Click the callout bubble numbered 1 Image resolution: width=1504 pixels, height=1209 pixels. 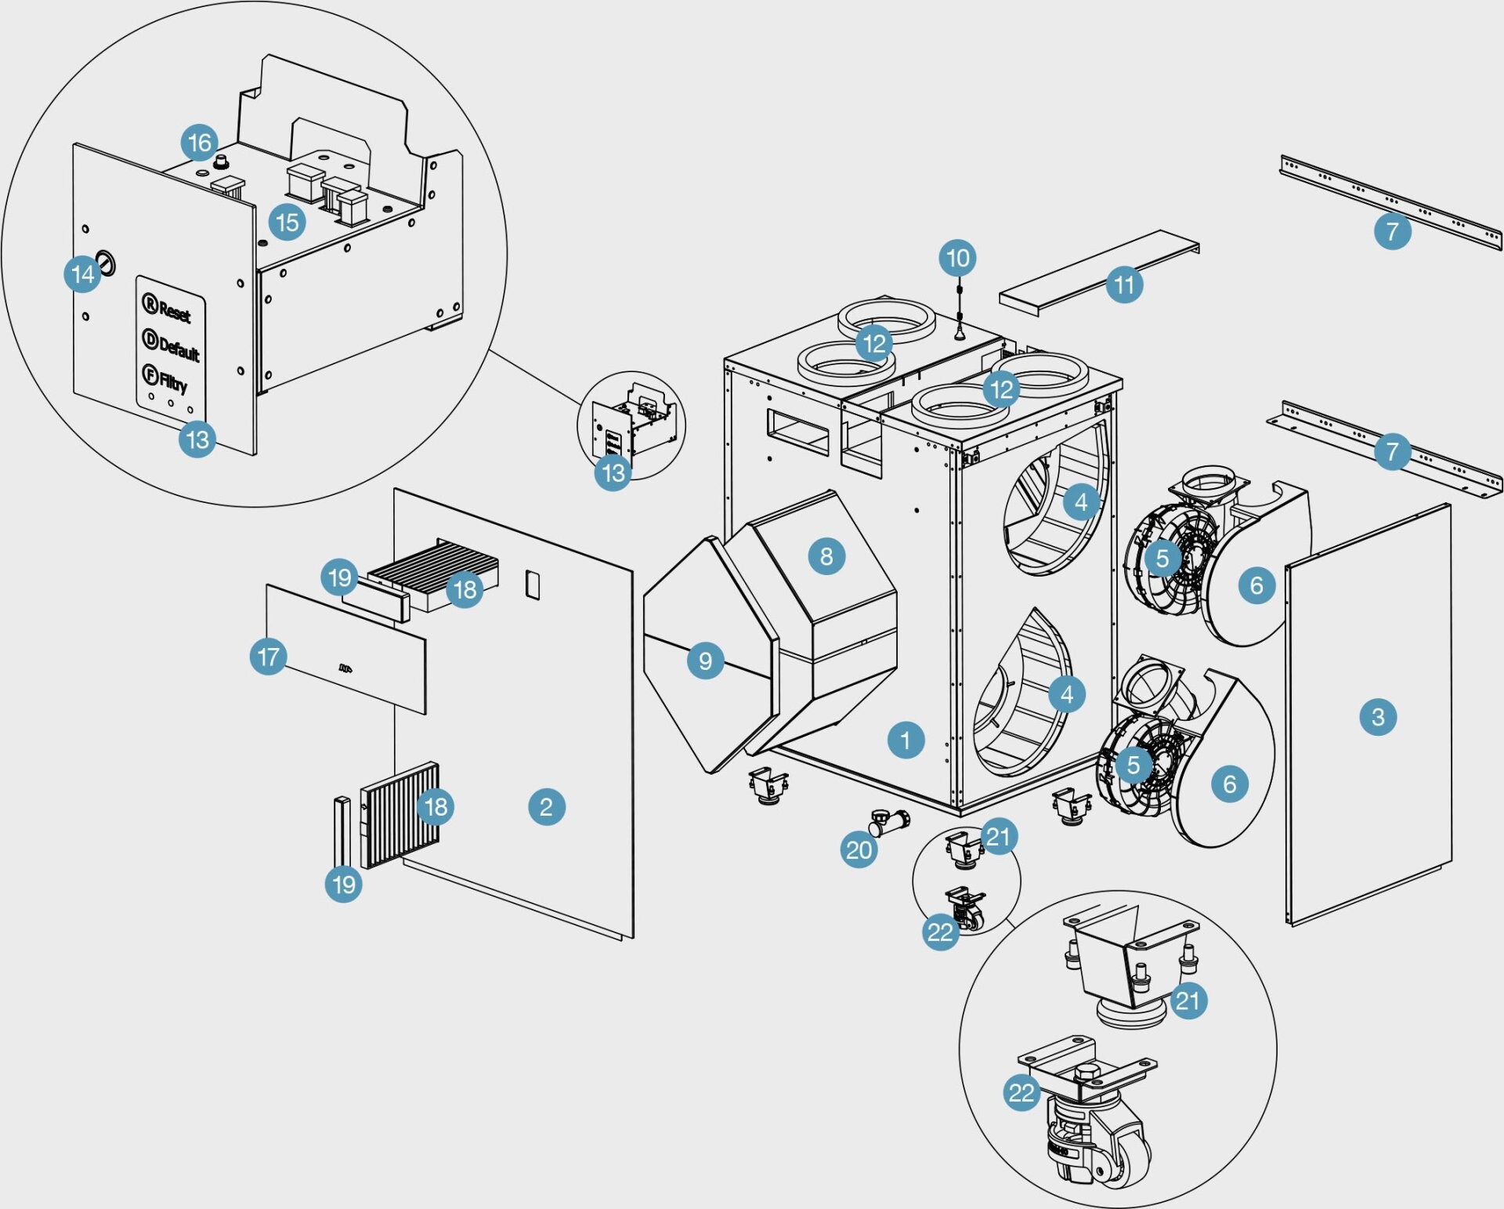click(906, 740)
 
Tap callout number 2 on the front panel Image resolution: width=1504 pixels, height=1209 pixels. click(546, 806)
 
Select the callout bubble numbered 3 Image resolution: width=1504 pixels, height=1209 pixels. click(1378, 716)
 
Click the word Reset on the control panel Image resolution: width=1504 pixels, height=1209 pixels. click(174, 311)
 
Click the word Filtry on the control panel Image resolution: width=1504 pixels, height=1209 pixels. click(172, 382)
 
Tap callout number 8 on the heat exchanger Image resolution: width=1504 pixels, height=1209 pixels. click(826, 556)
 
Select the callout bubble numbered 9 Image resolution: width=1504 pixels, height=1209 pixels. click(705, 661)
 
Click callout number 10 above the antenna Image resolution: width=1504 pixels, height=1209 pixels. click(957, 258)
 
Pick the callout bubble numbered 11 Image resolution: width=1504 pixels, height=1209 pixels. click(1124, 284)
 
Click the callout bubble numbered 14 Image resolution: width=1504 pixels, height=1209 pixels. click(82, 274)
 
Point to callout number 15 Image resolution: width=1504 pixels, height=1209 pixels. click(287, 223)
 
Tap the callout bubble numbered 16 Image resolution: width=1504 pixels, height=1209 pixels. click(200, 143)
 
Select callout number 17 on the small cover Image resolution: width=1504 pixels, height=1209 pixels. click(268, 657)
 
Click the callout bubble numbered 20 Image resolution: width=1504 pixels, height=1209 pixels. click(859, 849)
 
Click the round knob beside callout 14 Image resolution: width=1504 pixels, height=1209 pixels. click(106, 263)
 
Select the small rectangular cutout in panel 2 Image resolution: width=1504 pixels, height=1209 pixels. click(532, 585)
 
